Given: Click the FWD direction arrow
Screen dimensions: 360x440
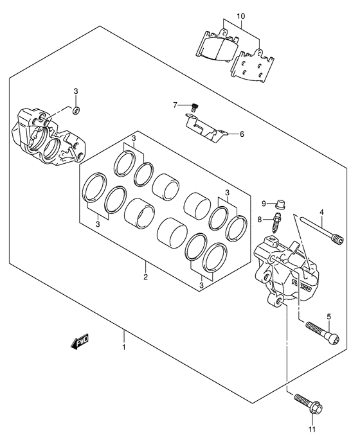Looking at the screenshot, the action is point(80,341).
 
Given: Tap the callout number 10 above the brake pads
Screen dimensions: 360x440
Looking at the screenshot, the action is point(240,16).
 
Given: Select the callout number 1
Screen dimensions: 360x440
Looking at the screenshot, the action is point(123,348).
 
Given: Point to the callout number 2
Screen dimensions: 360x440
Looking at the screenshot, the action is point(145,277).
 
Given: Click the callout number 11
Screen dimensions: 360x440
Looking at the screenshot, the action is point(312,429).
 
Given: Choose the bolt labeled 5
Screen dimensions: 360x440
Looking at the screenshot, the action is point(322,333).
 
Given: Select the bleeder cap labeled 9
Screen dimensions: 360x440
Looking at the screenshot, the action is point(280,204).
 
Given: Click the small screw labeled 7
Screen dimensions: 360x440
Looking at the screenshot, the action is point(194,107).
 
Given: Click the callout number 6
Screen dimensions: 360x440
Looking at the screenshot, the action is point(242,134).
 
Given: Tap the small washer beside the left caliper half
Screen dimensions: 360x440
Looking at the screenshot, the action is point(76,110).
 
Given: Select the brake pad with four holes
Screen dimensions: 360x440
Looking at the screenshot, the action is point(253,66).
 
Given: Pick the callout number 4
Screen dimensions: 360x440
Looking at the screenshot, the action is point(321,212).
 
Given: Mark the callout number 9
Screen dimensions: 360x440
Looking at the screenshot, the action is point(264,204).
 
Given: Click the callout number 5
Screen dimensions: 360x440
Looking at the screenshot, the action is point(329,317).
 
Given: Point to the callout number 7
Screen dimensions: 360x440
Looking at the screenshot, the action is point(175,105).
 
